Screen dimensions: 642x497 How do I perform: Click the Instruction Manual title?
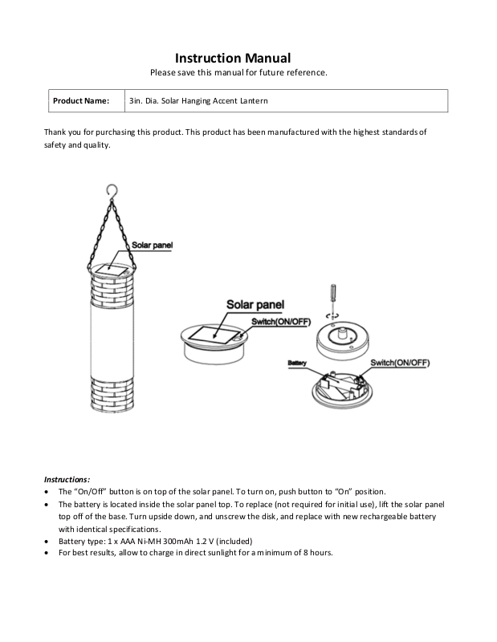pyautogui.click(x=233, y=58)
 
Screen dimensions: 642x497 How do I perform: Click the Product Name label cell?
pyautogui.click(x=80, y=101)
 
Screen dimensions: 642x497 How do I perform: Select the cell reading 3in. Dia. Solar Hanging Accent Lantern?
pyautogui.click(x=198, y=101)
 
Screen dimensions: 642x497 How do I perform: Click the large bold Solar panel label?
pyautogui.click(x=255, y=305)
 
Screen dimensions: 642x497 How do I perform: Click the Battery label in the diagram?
pyautogui.click(x=297, y=364)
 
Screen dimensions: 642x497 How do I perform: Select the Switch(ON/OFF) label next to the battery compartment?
pyautogui.click(x=399, y=364)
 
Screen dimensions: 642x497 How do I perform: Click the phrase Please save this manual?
pyautogui.click(x=193, y=73)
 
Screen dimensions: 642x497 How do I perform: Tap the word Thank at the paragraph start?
pyautogui.click(x=56, y=131)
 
